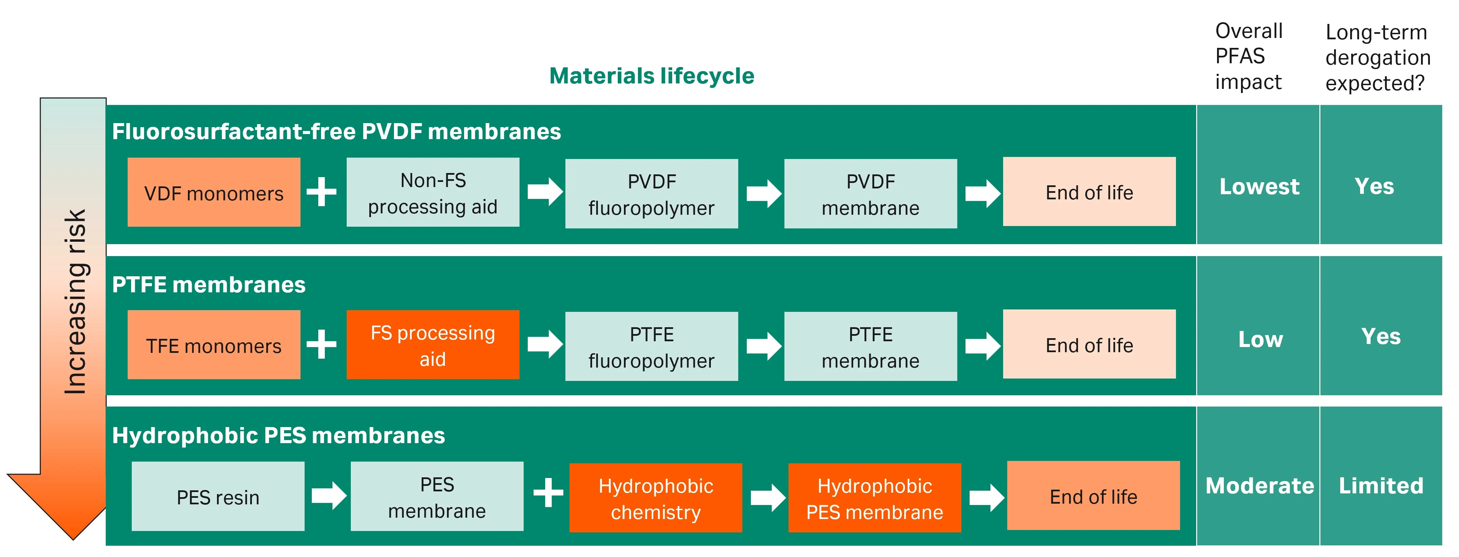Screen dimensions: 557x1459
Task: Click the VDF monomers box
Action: [x=214, y=193]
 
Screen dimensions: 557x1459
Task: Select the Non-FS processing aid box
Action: [x=433, y=193]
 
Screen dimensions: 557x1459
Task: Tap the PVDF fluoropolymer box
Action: [x=651, y=194]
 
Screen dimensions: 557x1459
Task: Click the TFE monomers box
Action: [x=214, y=345]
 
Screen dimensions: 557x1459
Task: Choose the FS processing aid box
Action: [x=433, y=345]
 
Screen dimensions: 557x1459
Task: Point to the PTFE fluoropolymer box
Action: [x=651, y=346]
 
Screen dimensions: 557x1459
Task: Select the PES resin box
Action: [x=218, y=496]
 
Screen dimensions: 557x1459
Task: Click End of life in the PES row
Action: [x=1093, y=496]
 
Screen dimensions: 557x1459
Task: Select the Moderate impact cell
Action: [x=1259, y=485]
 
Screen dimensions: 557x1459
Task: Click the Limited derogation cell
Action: [x=1381, y=485]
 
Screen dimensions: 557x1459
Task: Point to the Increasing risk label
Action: [x=75, y=301]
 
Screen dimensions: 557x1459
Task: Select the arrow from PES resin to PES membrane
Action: [x=329, y=496]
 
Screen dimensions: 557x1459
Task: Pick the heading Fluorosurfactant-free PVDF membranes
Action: [x=336, y=131]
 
